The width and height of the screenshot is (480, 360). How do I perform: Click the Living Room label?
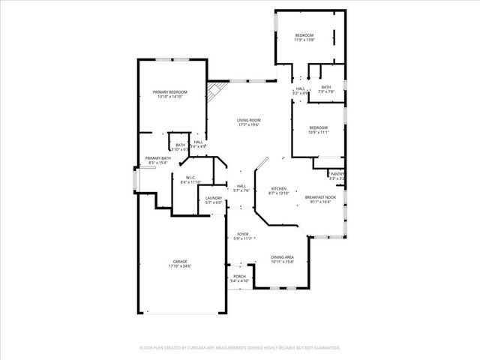pos(248,120)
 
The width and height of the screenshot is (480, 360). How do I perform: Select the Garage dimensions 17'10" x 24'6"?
pos(180,266)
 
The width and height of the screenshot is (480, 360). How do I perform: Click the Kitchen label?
pos(278,188)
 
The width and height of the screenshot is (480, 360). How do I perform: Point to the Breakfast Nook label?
pos(320,197)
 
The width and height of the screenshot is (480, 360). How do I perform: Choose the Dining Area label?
pos(283,257)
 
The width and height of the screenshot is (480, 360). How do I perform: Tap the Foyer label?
pos(242,234)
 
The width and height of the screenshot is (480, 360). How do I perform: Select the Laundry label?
pos(214,198)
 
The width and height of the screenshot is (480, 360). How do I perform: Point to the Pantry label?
pos(337,174)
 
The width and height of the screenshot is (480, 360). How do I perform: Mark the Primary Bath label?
pos(158,158)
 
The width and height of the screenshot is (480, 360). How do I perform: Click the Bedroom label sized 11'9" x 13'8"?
pos(304,35)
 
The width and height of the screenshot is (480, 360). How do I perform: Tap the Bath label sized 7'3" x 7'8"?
pos(325,87)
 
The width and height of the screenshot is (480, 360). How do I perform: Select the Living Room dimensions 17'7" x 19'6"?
pos(248,125)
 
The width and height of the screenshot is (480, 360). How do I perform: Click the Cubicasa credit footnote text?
pos(240,348)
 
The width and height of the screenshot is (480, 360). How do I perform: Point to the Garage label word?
pos(180,262)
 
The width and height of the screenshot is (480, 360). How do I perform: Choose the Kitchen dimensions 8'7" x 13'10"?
pos(278,193)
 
